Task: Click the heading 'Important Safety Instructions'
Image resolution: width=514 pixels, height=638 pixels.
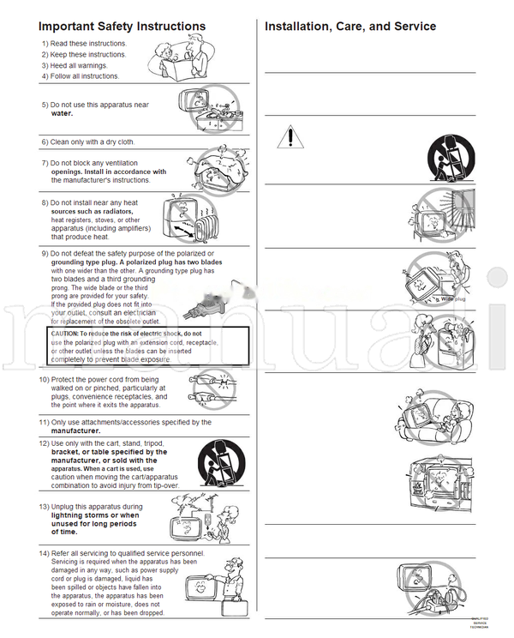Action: [x=123, y=27]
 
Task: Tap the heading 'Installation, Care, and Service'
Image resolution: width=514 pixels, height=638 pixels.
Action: [x=350, y=27]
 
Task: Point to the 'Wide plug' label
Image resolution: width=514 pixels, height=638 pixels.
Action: [x=453, y=299]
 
